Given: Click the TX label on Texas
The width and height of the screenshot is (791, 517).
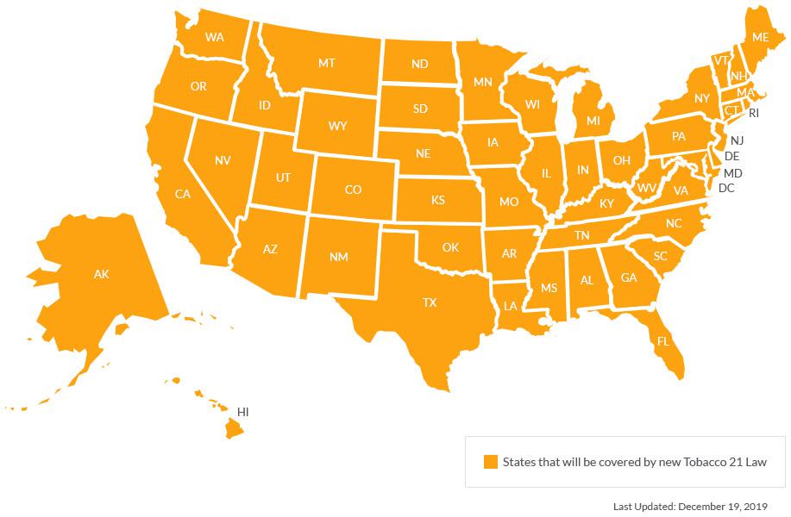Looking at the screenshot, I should pyautogui.click(x=430, y=302).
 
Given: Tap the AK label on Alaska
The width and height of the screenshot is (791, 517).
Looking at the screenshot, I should pyautogui.click(x=102, y=275).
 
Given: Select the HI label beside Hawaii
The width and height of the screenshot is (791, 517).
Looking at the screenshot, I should pyautogui.click(x=243, y=413).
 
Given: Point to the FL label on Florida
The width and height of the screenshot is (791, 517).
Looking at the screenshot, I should pyautogui.click(x=663, y=341).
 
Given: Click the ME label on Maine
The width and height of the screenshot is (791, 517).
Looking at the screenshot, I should pyautogui.click(x=760, y=37).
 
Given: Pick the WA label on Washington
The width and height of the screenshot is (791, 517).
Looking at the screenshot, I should pyautogui.click(x=215, y=38).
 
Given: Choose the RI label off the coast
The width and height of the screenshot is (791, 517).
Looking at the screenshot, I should pyautogui.click(x=754, y=113).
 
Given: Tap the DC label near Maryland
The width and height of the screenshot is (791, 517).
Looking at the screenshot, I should pyautogui.click(x=726, y=188).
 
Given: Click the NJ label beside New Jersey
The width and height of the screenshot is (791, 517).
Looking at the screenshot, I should pyautogui.click(x=737, y=140).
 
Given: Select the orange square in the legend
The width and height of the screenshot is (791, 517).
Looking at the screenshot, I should pyautogui.click(x=490, y=462).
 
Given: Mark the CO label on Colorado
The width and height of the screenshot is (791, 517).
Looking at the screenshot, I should pyautogui.click(x=353, y=190).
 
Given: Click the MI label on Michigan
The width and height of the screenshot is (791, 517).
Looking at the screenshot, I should pyautogui.click(x=593, y=121).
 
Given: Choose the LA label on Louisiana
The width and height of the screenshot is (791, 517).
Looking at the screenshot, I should pyautogui.click(x=511, y=306).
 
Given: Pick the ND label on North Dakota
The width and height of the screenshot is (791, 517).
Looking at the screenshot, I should pyautogui.click(x=420, y=64).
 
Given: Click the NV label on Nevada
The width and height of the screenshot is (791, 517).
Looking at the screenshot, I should pyautogui.click(x=223, y=160).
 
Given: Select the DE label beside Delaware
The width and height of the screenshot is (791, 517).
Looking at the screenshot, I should pyautogui.click(x=732, y=157).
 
